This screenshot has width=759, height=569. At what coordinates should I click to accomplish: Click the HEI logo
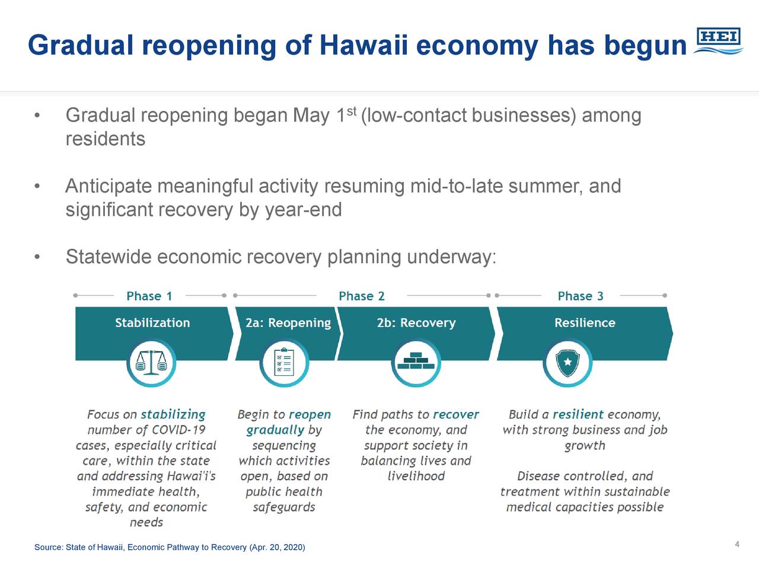pyautogui.click(x=718, y=41)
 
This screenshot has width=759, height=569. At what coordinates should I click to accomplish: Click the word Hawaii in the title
pyautogui.click(x=363, y=45)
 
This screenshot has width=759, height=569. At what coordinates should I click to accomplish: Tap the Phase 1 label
pyautogui.click(x=149, y=296)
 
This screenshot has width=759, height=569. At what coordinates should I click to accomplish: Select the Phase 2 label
pyautogui.click(x=362, y=296)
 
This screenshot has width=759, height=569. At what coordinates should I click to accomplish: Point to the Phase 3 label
pyautogui.click(x=581, y=296)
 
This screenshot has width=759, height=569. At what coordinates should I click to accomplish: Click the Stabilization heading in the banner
pyautogui.click(x=152, y=322)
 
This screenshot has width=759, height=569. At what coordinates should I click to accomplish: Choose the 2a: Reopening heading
pyautogui.click(x=288, y=323)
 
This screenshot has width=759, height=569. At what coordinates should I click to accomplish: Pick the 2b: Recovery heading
pyautogui.click(x=416, y=323)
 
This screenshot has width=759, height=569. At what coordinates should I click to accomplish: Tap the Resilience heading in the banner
pyautogui.click(x=585, y=322)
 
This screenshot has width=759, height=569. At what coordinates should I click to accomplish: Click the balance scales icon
pyautogui.click(x=151, y=363)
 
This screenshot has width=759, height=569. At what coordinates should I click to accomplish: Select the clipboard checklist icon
pyautogui.click(x=284, y=363)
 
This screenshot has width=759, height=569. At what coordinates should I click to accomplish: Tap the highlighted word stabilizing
pyautogui.click(x=173, y=414)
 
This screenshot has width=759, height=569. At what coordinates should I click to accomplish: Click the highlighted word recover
pyautogui.click(x=456, y=414)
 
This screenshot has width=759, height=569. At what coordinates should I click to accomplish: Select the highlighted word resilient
pyautogui.click(x=578, y=414)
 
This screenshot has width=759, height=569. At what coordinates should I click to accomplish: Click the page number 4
pyautogui.click(x=737, y=545)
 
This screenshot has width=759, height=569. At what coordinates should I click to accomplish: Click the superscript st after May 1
pyautogui.click(x=351, y=111)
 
